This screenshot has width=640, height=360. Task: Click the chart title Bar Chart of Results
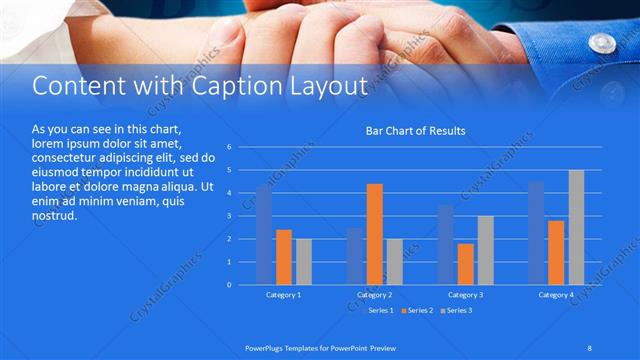[x=415, y=131]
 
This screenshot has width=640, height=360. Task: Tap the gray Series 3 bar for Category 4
[x=576, y=227]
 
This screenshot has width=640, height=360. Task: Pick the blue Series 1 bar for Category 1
[x=264, y=235]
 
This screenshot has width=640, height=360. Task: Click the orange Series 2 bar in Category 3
[x=465, y=263]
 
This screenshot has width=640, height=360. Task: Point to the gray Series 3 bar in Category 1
[x=304, y=261]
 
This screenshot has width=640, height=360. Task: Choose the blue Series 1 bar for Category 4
[x=536, y=232]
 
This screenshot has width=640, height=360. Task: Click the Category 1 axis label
[x=284, y=295]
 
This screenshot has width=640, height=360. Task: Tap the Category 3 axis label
[x=465, y=295]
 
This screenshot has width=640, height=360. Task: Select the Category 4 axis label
[x=556, y=295]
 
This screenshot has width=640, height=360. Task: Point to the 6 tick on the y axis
[x=230, y=147]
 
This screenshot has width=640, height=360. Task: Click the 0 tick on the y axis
[x=230, y=285]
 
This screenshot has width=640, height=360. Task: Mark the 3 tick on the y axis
[x=230, y=216]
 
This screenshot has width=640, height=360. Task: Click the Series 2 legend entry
[x=420, y=311]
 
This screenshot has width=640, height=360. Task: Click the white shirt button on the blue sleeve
[x=602, y=43]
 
